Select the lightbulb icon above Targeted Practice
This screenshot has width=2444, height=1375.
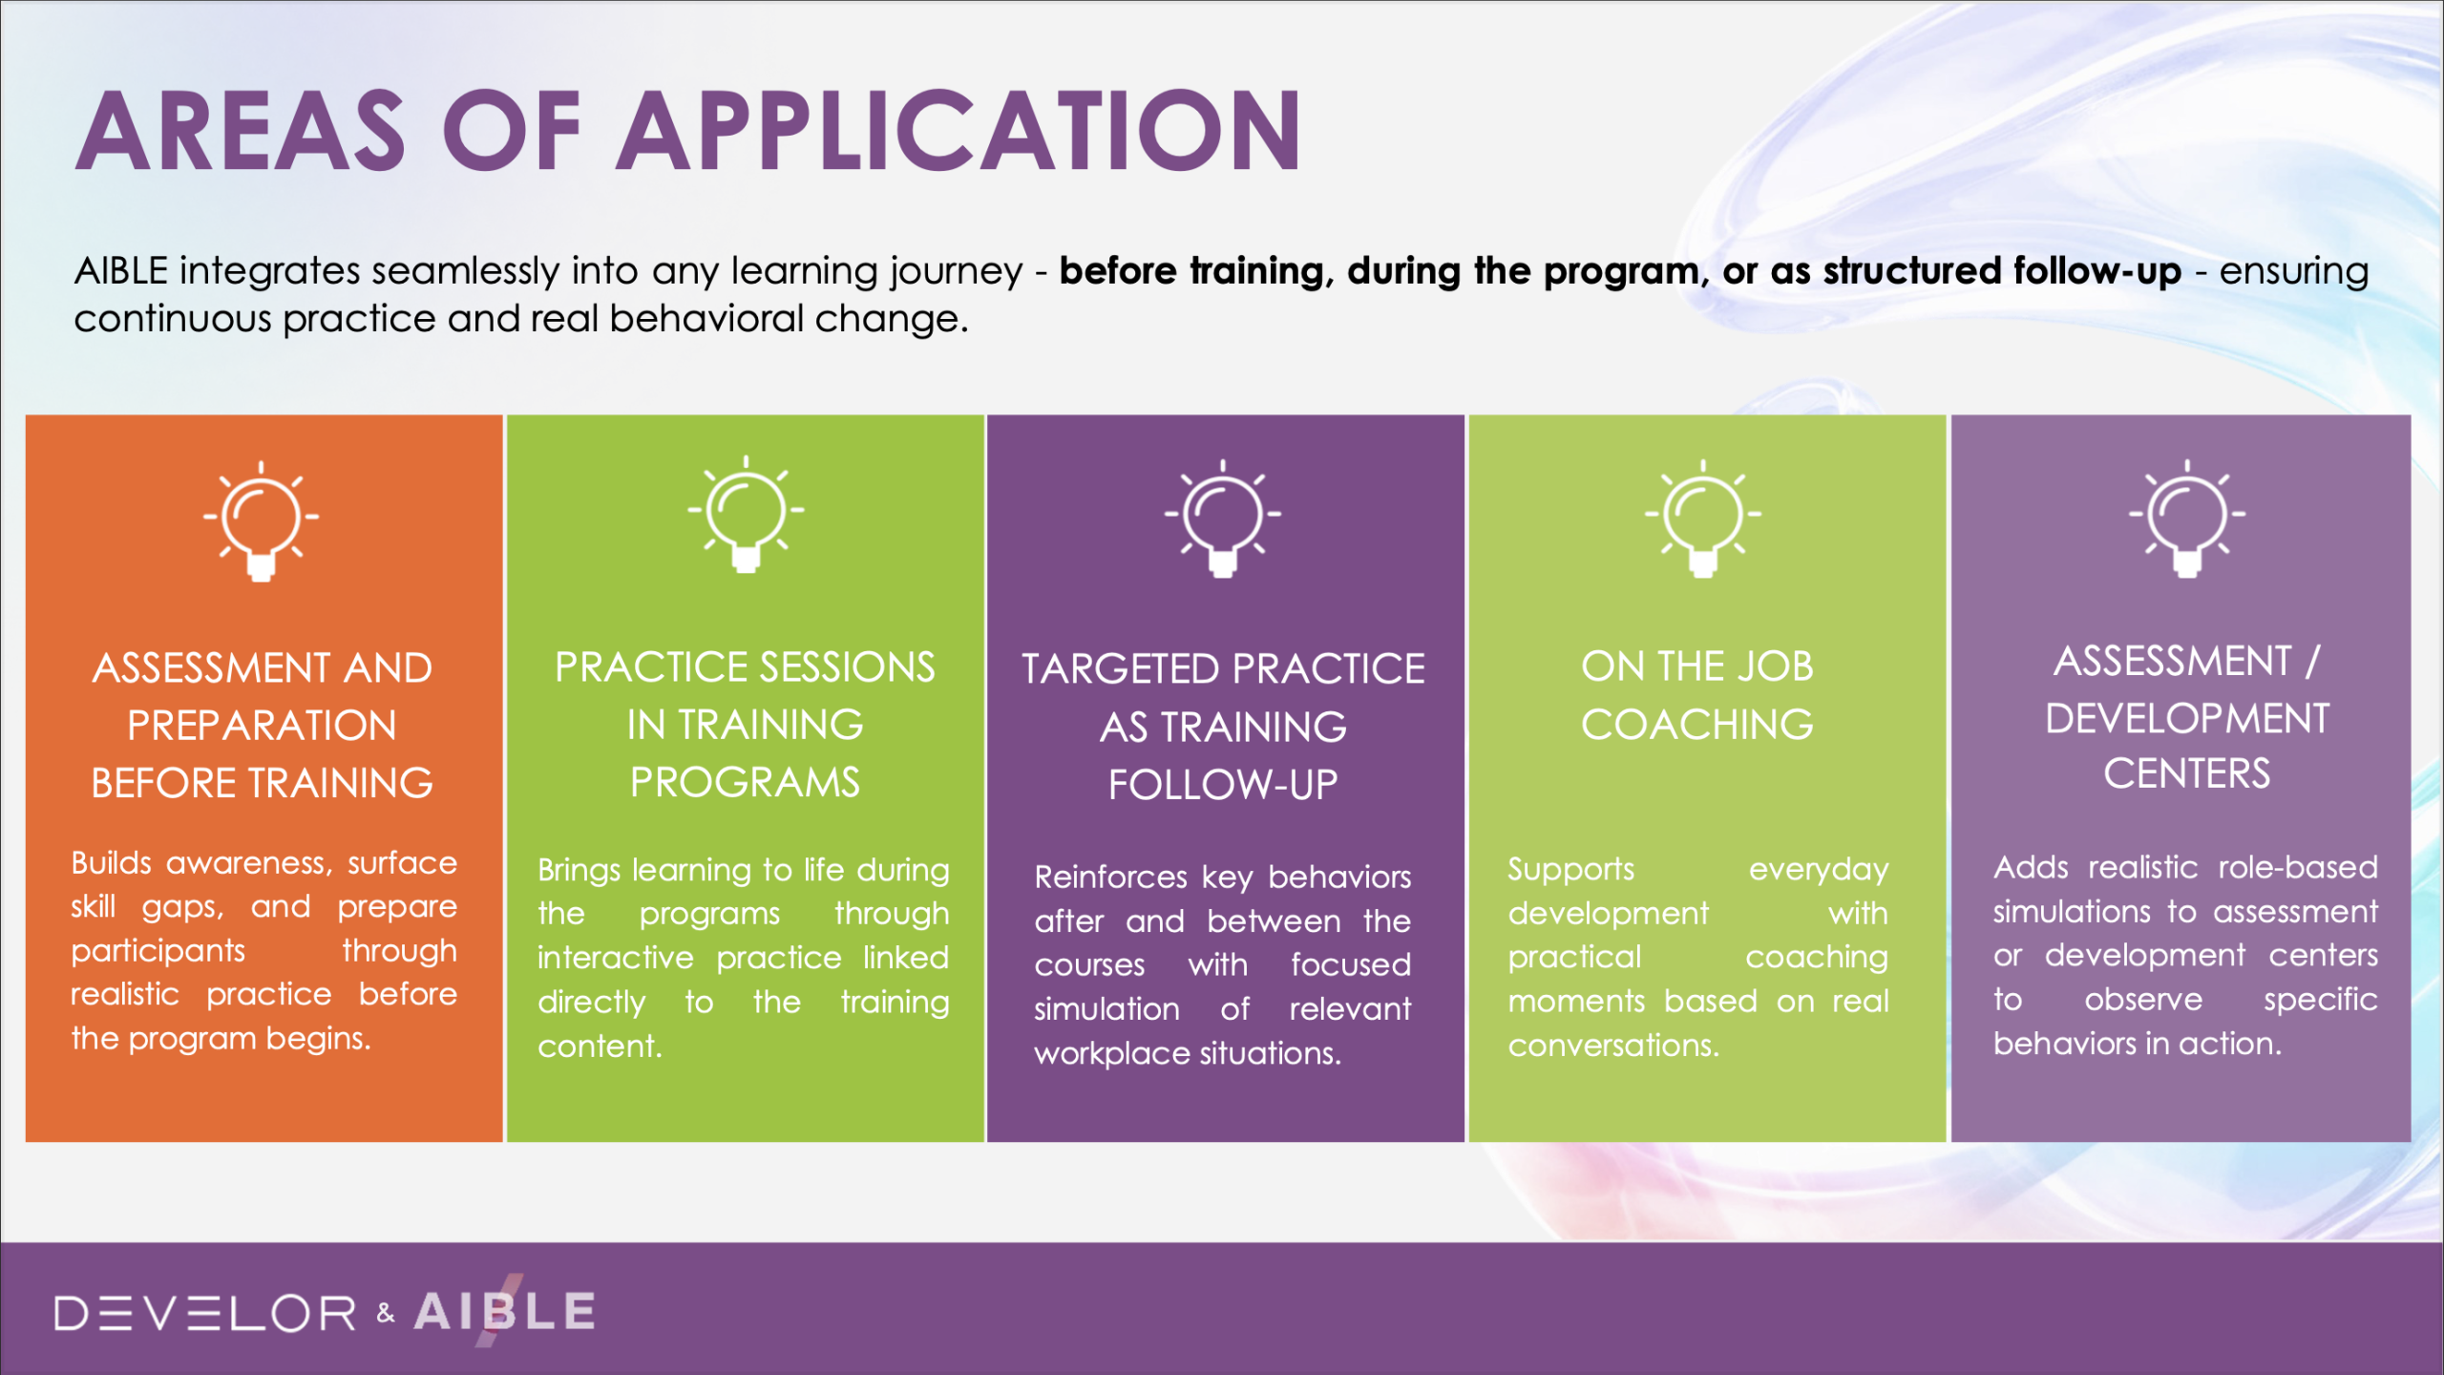tap(1223, 518)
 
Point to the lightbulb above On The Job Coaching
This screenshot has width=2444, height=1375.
tap(1702, 518)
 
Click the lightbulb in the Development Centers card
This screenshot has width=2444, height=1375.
tap(2187, 518)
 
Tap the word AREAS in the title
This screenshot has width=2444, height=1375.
tap(241, 130)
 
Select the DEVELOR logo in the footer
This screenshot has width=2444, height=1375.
tap(205, 1313)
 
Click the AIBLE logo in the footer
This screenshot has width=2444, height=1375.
tap(505, 1311)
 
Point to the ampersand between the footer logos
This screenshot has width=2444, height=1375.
tap(386, 1313)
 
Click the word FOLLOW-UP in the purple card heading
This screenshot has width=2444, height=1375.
tap(1223, 785)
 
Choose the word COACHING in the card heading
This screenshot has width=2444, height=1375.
tap(1697, 725)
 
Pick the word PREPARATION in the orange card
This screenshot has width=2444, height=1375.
tap(262, 726)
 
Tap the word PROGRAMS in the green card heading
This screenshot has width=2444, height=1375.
tap(745, 783)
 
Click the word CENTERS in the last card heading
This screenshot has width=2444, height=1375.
tap(2187, 774)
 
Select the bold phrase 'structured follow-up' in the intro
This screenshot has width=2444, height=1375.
tap(2002, 271)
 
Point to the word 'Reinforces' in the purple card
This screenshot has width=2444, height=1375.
tap(1111, 877)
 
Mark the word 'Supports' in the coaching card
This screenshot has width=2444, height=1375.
tap(1570, 870)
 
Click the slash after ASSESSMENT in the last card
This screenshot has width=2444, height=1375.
tap(2311, 661)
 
